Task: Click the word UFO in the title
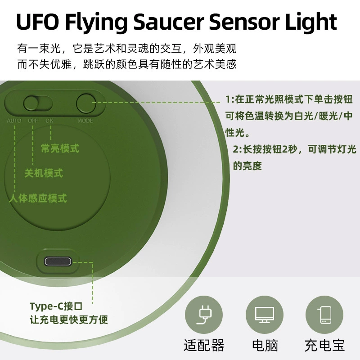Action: click(x=37, y=21)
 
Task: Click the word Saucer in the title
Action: click(x=168, y=21)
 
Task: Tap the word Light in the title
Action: click(x=311, y=22)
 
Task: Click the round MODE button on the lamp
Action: click(x=86, y=103)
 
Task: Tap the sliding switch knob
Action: click(x=31, y=103)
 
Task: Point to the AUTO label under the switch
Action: click(x=14, y=121)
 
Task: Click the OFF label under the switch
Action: click(x=33, y=121)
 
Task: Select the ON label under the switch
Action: click(x=49, y=121)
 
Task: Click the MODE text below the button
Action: click(x=85, y=121)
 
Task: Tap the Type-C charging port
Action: click(x=58, y=261)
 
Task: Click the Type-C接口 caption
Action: click(x=56, y=306)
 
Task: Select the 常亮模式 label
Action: click(x=60, y=148)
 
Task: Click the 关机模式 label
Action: click(x=44, y=173)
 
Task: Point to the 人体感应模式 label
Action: click(x=38, y=198)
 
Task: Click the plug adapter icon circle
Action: click(x=204, y=315)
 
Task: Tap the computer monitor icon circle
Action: click(x=265, y=315)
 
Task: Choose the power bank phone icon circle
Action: click(x=324, y=315)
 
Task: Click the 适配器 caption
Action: click(x=204, y=345)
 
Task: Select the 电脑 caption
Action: click(x=265, y=345)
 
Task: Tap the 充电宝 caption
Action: click(x=324, y=345)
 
